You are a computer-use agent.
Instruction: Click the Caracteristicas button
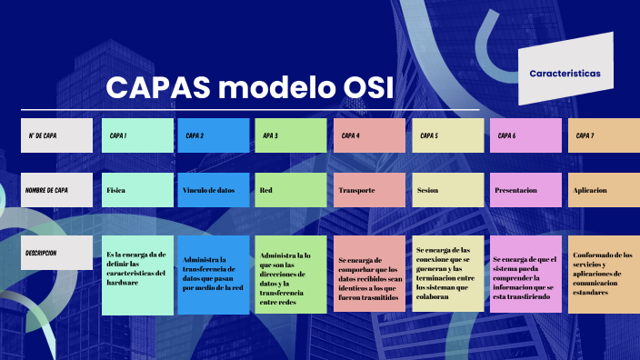click(565, 73)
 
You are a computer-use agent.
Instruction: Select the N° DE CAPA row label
click(56, 135)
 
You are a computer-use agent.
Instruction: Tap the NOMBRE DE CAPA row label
click(56, 190)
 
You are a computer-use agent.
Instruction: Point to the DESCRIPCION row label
click(56, 255)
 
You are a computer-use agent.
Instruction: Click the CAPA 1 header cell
click(137, 135)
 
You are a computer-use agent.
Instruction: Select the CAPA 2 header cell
click(214, 135)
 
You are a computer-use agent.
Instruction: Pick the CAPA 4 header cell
click(369, 135)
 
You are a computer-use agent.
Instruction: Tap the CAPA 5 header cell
click(448, 135)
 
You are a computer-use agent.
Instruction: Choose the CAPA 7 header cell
click(604, 135)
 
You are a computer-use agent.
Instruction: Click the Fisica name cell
click(137, 190)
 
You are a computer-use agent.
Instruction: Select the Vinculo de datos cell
click(214, 190)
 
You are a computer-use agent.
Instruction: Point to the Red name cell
click(291, 190)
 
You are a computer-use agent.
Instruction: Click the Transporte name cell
click(369, 190)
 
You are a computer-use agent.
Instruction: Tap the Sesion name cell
click(448, 190)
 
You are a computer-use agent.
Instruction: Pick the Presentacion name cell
click(525, 190)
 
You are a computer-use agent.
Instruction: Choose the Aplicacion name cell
click(604, 190)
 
